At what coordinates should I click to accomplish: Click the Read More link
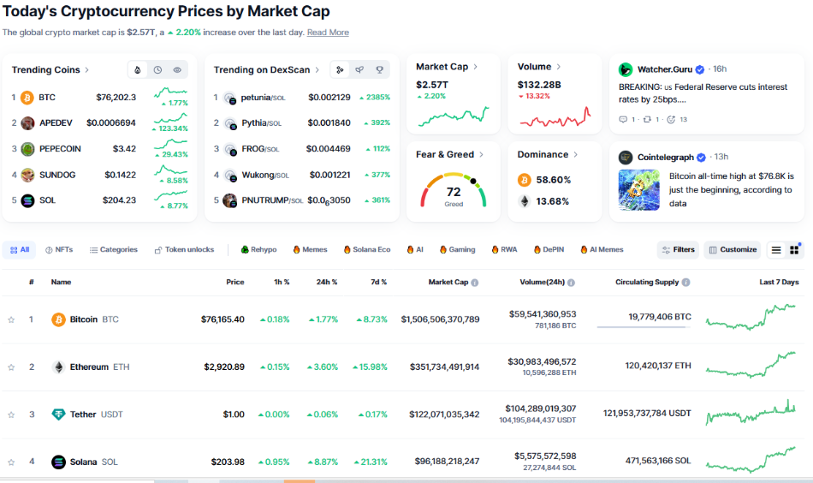[x=328, y=33]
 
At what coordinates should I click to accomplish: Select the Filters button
[x=678, y=250]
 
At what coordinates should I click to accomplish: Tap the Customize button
[x=733, y=250]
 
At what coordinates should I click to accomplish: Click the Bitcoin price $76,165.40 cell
[x=223, y=319]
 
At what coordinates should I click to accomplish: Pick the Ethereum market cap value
[x=440, y=367]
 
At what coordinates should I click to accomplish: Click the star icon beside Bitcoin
[x=11, y=319]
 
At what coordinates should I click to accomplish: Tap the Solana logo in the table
[x=58, y=462]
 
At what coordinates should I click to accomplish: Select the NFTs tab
[x=59, y=250]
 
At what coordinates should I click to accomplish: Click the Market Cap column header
[x=453, y=282]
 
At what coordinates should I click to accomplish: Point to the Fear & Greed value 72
[x=454, y=192]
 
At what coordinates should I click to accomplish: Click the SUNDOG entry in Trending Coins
[x=57, y=175]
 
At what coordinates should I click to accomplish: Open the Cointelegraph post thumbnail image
[x=638, y=190]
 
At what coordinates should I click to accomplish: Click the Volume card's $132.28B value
[x=539, y=85]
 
